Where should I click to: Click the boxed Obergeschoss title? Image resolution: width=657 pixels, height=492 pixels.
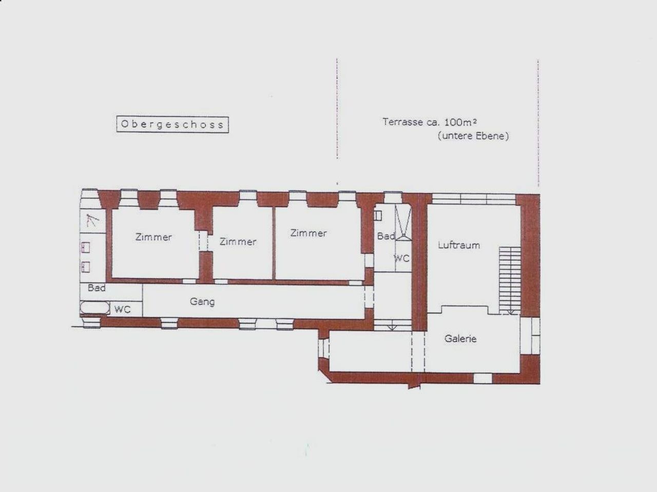pos(172,125)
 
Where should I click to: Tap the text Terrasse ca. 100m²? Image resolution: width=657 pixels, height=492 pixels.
pos(430,122)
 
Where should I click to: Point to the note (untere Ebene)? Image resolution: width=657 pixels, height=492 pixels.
pos(473,136)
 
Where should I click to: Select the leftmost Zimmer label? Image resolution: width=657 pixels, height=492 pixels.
pos(153,237)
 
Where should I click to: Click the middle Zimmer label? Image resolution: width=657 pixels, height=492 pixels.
pos(238,242)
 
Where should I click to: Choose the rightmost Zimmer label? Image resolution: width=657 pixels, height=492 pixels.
pos(308,233)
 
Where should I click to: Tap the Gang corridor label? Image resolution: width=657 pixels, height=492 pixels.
pos(202,302)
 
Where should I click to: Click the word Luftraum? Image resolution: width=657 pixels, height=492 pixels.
pos(459,245)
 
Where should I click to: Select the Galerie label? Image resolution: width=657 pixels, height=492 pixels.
pos(460,339)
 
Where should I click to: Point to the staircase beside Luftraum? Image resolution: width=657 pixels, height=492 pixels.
pos(510,280)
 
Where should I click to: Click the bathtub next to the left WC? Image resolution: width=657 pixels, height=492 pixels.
pos(95,308)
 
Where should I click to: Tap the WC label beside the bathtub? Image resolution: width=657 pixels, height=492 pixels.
pos(123,309)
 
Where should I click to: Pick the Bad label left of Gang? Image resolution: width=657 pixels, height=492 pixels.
pos(96,288)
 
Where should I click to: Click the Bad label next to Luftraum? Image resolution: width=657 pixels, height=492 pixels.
pos(386,236)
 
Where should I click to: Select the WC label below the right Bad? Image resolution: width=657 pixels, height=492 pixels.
pos(401,258)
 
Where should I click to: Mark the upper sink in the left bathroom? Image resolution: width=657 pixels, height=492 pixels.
pos(86,248)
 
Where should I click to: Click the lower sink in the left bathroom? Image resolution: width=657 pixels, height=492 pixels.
pos(86,267)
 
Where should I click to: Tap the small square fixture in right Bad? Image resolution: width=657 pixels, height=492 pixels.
pos(378,215)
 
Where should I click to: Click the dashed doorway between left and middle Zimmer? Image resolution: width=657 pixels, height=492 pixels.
pos(203,241)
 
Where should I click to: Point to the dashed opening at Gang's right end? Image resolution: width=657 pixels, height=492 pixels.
pos(369,297)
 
